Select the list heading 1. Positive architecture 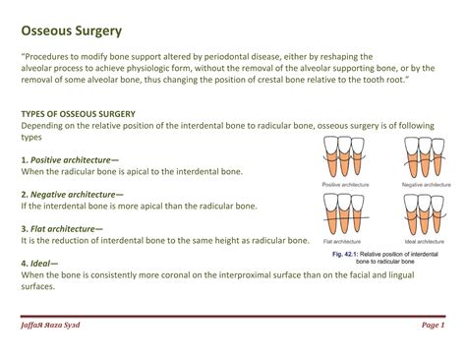coord(71,158)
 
